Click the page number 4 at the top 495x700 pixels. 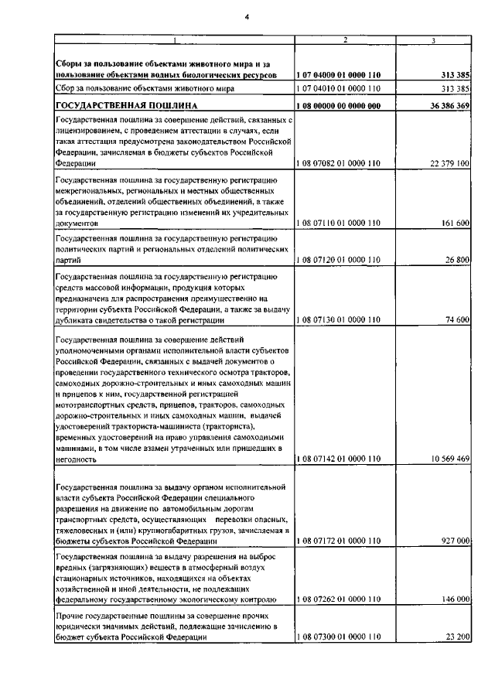point(247,10)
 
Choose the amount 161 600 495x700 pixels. point(454,223)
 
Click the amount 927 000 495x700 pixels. point(454,541)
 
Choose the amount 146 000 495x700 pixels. point(454,599)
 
